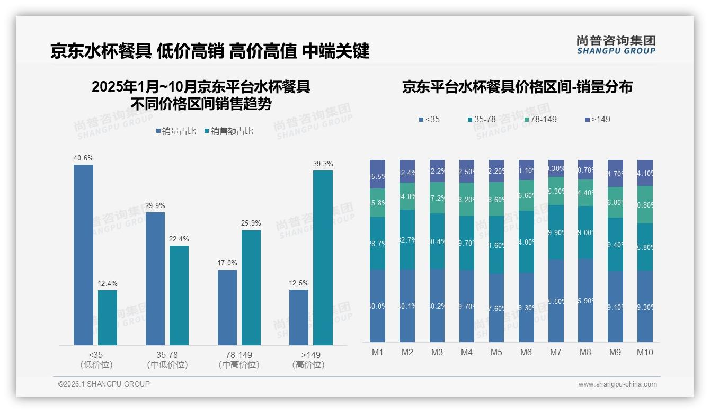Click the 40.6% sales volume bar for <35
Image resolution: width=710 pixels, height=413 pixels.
coord(83,255)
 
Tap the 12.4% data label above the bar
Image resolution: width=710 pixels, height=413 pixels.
coord(107,283)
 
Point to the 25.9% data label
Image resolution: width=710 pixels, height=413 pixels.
coord(251,223)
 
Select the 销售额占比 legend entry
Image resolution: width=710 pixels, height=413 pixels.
coord(228,131)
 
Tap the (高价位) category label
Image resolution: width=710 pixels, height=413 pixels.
coord(308,365)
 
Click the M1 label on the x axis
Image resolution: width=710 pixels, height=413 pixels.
coord(377,352)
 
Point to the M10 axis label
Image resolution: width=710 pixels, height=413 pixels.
coord(645,352)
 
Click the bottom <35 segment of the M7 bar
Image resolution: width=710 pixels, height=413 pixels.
coord(556,300)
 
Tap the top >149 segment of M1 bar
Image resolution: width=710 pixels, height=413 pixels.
coord(377,174)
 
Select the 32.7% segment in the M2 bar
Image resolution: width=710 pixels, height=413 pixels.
coord(407,239)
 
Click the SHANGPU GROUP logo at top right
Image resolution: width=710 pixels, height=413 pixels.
coord(616,45)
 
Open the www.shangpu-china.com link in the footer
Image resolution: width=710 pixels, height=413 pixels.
coord(617,384)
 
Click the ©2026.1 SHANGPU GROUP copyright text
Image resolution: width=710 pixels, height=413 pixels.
coord(104,384)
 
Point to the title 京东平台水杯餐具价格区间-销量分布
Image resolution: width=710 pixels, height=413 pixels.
coord(517,87)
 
